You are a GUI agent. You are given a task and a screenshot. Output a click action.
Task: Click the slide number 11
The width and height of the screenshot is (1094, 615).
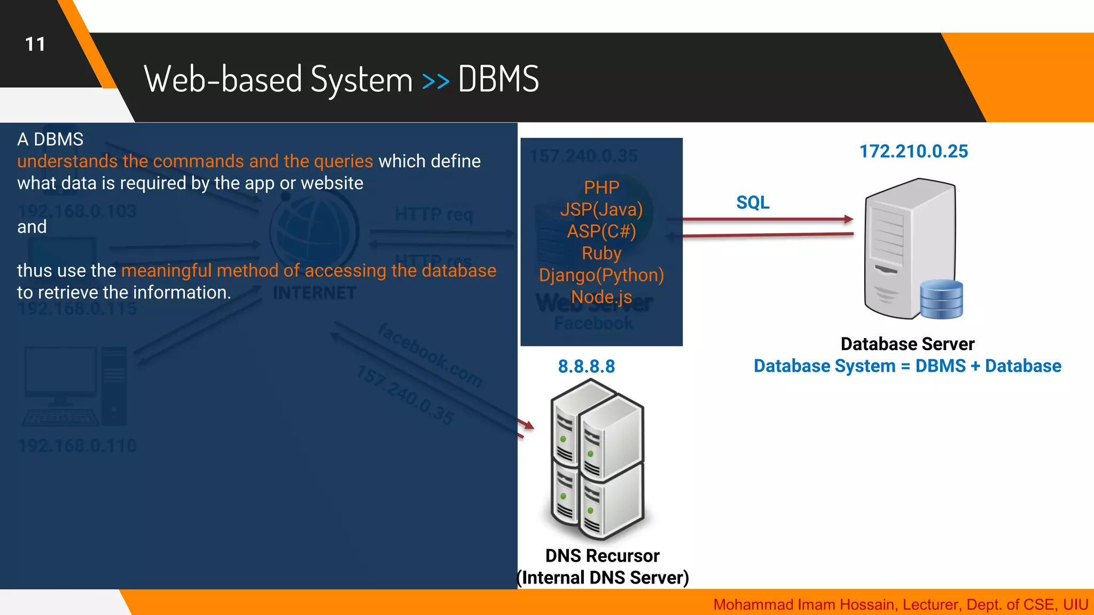tap(35, 44)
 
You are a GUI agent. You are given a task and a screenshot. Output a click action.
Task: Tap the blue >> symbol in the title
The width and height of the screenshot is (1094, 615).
tap(435, 81)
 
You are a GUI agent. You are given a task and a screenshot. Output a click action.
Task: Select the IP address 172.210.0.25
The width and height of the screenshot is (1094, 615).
tap(913, 152)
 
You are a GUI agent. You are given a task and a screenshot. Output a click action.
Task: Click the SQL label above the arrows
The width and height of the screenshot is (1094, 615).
tap(753, 203)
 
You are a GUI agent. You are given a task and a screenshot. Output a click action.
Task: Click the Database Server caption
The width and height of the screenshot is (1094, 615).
tap(907, 344)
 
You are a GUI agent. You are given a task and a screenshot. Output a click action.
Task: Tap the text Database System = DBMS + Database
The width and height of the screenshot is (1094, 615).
tap(907, 366)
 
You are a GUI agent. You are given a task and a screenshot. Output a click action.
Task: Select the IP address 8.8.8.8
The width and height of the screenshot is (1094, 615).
tap(587, 367)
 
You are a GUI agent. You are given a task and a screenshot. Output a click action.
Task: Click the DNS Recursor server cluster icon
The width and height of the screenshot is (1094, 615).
tap(597, 459)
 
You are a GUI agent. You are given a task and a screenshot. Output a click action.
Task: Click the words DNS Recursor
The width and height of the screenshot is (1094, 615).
tap(602, 556)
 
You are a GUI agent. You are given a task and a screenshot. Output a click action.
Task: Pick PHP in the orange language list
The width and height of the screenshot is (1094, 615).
tap(601, 187)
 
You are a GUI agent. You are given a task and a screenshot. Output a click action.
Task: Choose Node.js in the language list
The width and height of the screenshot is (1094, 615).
tap(601, 297)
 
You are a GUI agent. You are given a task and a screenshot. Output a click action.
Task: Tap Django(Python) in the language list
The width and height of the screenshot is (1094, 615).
tap(601, 275)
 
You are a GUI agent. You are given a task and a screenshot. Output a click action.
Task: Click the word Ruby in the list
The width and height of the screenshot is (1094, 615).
tap(601, 253)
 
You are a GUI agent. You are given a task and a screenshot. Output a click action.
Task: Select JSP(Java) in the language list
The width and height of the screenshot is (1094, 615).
tap(601, 209)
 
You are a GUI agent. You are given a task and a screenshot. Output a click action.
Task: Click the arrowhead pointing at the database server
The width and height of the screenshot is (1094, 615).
tap(848, 219)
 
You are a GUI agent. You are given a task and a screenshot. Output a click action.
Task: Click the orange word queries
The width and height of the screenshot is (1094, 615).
tap(343, 161)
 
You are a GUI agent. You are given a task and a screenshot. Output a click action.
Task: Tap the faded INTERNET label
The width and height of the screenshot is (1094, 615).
tap(314, 293)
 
